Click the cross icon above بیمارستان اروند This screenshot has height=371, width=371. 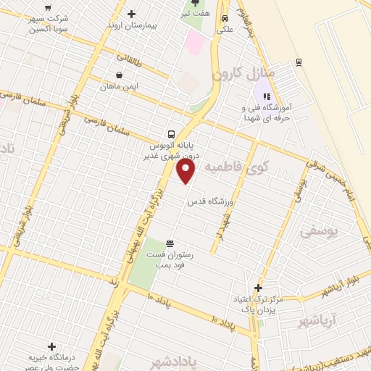coord(131,14)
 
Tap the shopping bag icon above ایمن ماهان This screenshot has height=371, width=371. coord(119,74)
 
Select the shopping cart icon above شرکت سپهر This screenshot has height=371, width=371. coord(49,8)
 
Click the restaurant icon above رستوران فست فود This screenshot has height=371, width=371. coord(170,243)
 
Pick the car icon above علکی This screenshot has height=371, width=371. coord(225,19)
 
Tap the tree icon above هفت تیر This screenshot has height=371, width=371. coord(195,2)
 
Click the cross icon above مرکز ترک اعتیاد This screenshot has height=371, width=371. coord(258,288)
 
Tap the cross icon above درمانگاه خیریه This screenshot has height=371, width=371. coord(51,347)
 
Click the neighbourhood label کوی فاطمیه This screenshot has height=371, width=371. coord(249,168)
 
